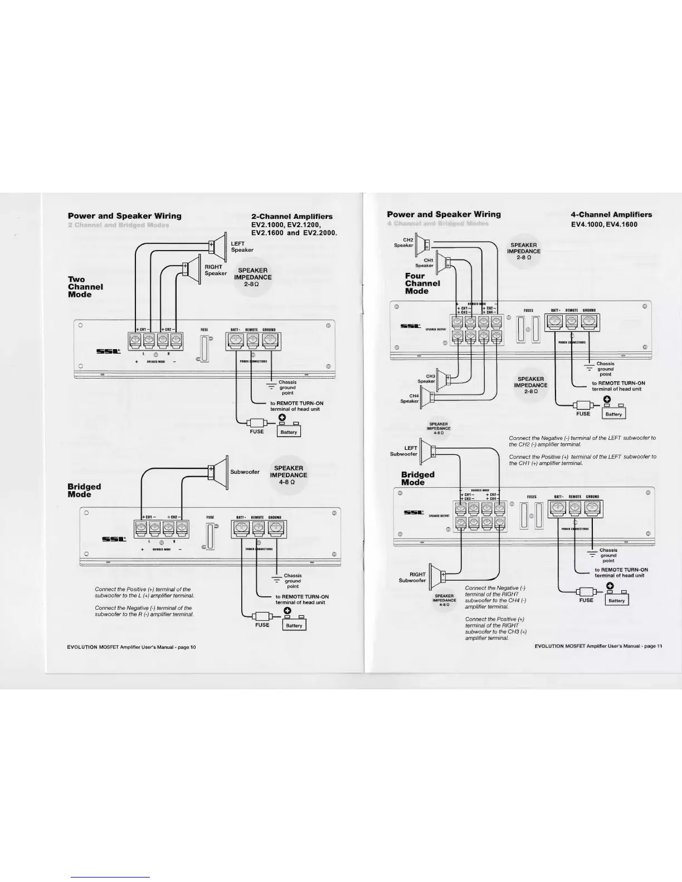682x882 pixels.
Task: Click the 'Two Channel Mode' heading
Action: pos(85,287)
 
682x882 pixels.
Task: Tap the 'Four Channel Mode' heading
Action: pos(422,283)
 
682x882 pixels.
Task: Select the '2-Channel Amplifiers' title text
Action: pos(292,217)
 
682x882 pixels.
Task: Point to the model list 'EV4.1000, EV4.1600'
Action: pos(604,224)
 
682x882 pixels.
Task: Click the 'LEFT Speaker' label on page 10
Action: pos(242,247)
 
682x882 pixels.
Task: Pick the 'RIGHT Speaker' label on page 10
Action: pos(215,270)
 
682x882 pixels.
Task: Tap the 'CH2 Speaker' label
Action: pos(404,242)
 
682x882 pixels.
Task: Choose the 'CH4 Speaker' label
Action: pos(410,399)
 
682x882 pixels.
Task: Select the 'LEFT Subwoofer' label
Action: pos(404,450)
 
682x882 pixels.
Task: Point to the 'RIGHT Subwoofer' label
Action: pos(412,577)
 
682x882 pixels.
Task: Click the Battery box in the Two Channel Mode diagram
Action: pos(289,432)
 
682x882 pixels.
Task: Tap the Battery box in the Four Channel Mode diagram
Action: pos(613,414)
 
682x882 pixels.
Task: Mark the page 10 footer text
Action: pos(131,647)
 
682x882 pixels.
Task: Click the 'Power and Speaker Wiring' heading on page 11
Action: pos(444,214)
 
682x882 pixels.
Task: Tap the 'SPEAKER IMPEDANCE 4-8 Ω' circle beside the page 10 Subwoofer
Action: pos(289,475)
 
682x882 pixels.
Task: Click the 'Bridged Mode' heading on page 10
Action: pos(84,490)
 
